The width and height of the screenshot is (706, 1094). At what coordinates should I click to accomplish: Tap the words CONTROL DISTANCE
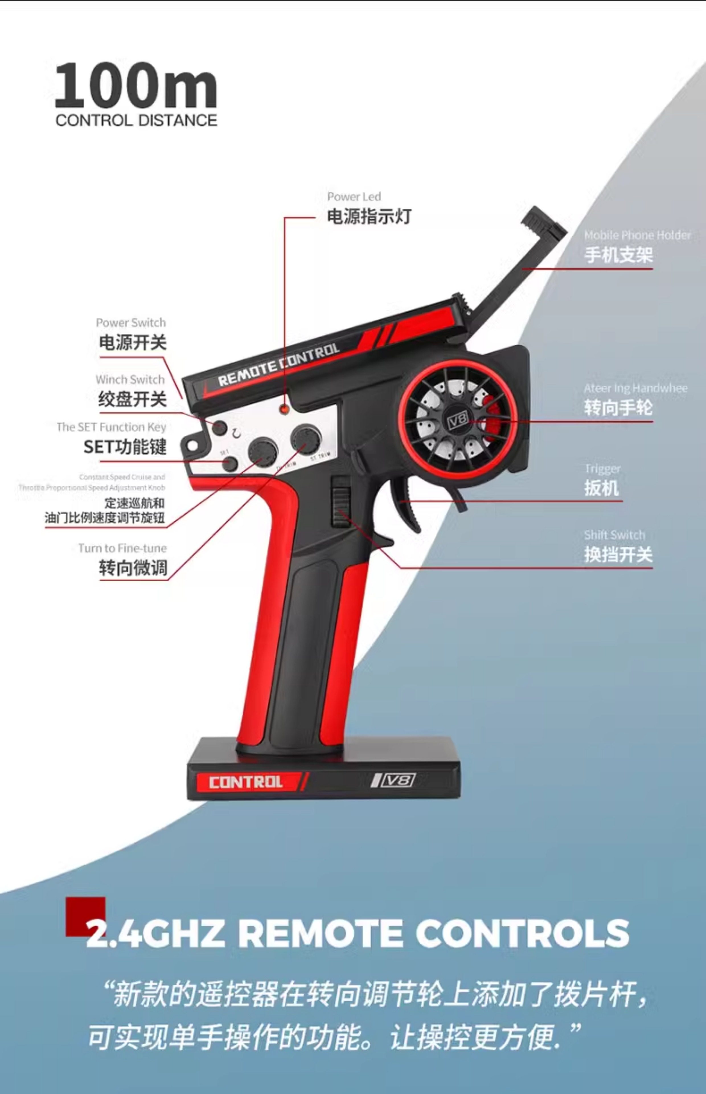click(x=136, y=121)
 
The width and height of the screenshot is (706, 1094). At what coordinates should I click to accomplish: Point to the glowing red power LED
click(x=285, y=409)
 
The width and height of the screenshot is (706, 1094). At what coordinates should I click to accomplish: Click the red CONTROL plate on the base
click(x=246, y=782)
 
